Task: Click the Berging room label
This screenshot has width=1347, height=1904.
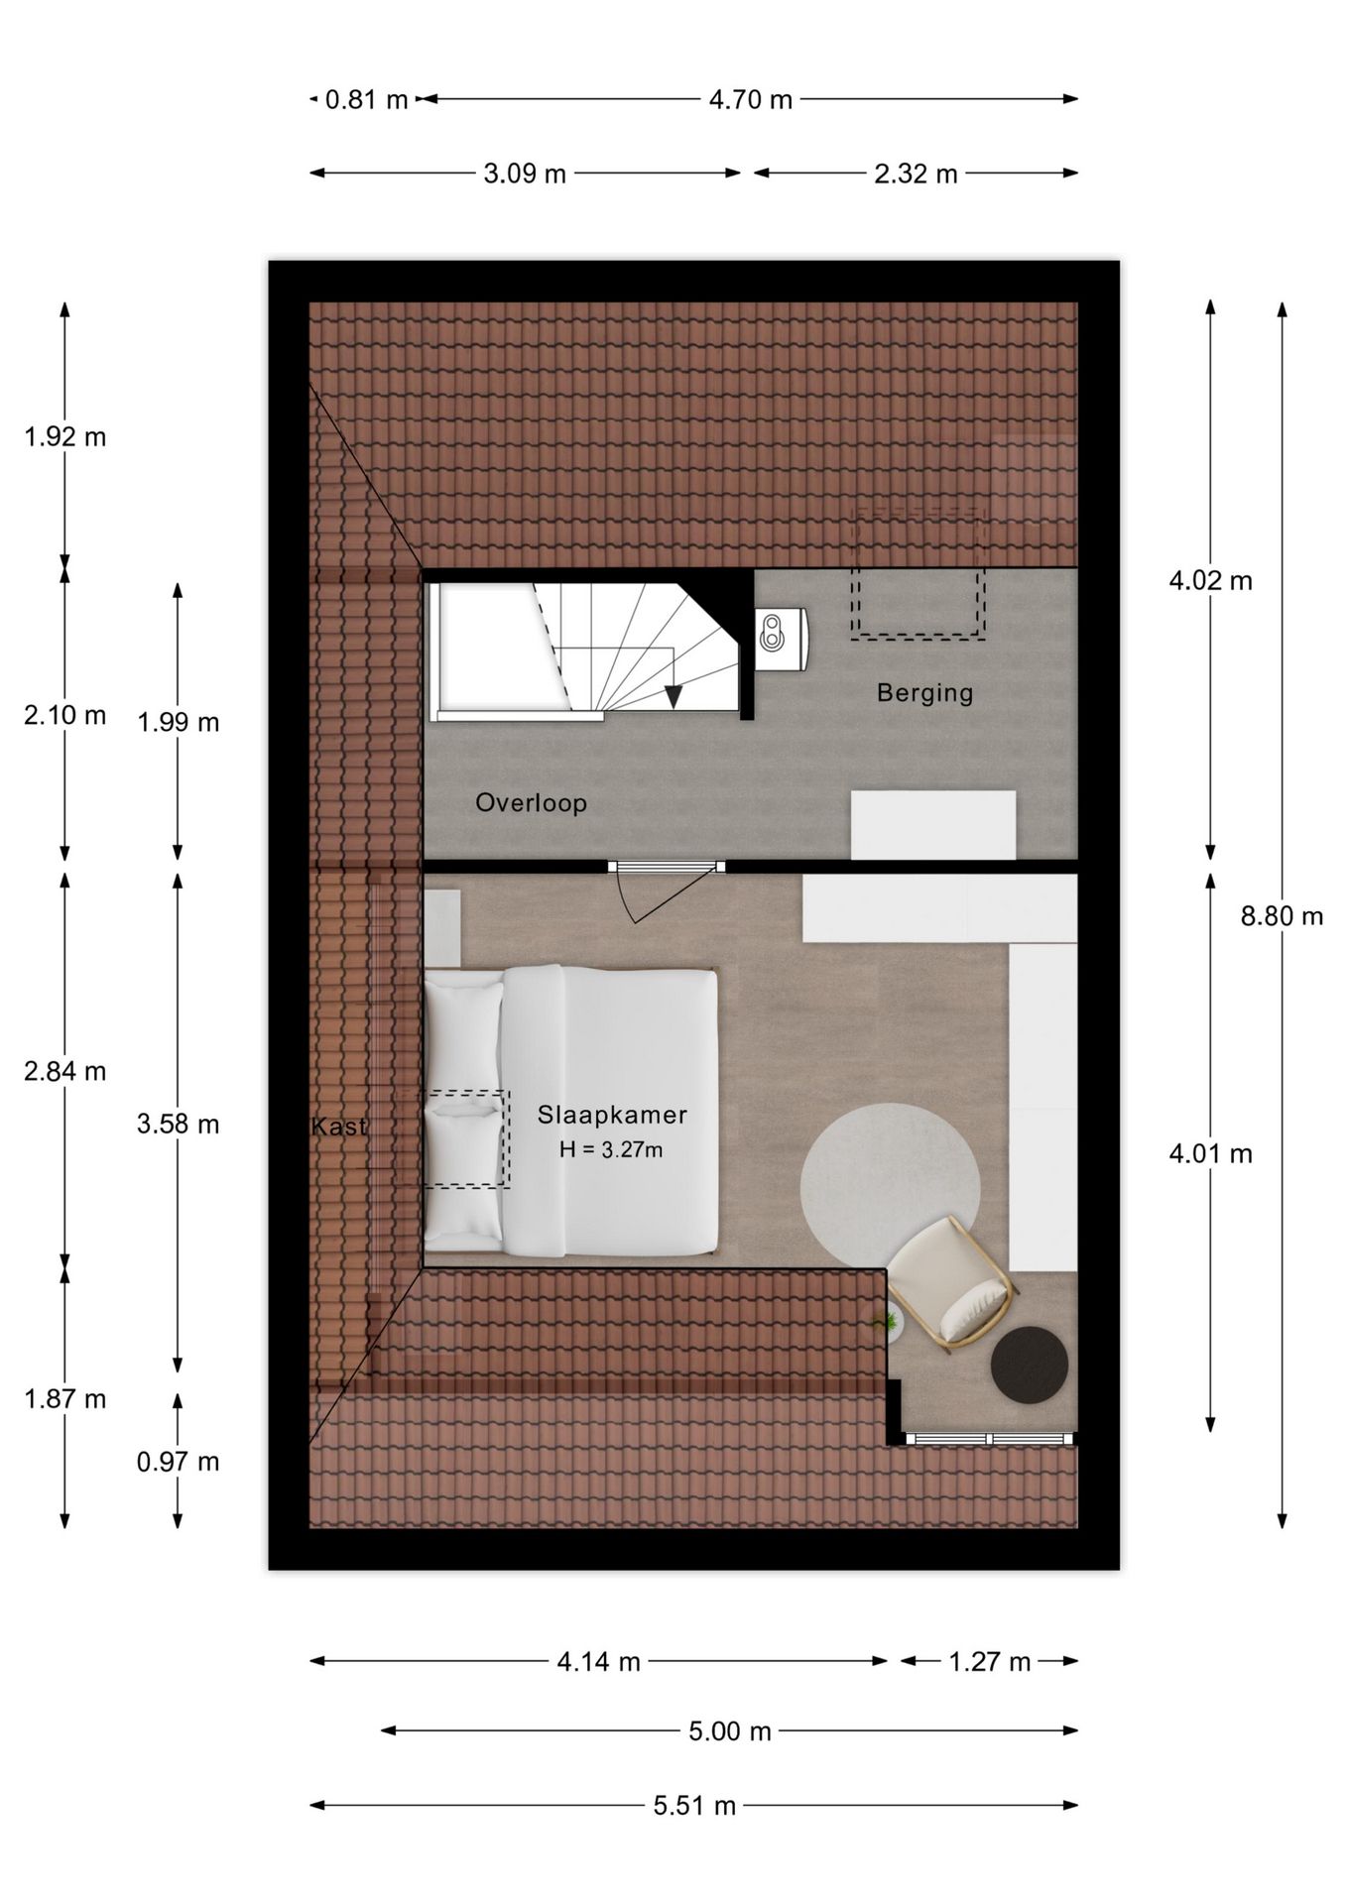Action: tap(924, 692)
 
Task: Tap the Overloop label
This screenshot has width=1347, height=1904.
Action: tap(531, 802)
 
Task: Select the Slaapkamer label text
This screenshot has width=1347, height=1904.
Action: tap(612, 1115)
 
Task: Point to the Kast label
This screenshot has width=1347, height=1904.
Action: tap(339, 1127)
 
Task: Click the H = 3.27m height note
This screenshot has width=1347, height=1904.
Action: tap(611, 1150)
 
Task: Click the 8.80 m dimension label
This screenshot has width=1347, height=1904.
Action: tap(1282, 916)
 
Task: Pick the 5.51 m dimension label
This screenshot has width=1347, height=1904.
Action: tap(694, 1806)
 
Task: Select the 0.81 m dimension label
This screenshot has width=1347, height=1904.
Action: tap(367, 99)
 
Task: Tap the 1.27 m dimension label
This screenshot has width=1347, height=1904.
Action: tap(990, 1661)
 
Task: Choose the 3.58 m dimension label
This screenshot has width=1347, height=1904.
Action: tap(179, 1125)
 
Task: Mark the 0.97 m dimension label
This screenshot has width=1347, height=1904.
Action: tap(179, 1462)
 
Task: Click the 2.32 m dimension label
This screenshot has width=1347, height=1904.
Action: tap(916, 174)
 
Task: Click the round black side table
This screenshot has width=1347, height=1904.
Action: tap(1031, 1366)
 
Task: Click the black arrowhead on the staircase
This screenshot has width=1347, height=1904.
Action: tap(673, 696)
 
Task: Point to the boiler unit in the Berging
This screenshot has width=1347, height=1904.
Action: tap(781, 635)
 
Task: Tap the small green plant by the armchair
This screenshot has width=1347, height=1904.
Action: tap(884, 1322)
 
